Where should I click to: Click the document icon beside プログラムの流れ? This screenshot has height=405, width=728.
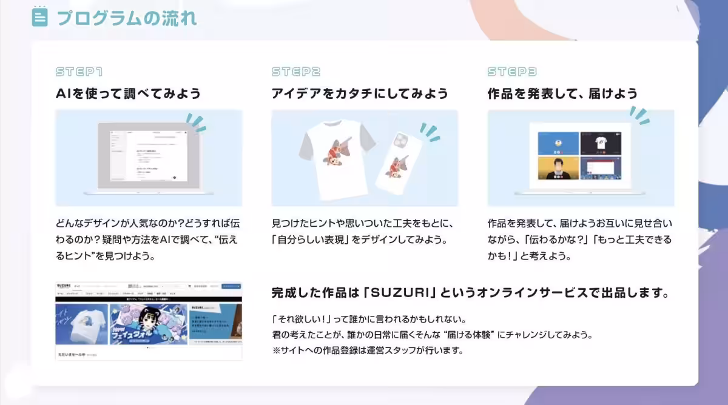point(39,17)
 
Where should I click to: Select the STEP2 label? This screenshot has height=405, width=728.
point(296,72)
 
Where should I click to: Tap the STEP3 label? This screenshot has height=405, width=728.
point(512,72)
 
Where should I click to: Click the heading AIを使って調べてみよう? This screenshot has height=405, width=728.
point(128,93)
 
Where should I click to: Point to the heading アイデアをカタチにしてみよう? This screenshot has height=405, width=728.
point(360,93)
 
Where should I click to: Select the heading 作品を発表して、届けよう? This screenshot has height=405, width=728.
point(562,93)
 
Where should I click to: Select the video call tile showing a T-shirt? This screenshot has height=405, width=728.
point(601,143)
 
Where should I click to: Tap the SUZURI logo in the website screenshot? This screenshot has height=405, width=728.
point(64,286)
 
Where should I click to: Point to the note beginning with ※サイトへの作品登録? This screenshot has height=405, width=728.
point(368,350)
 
